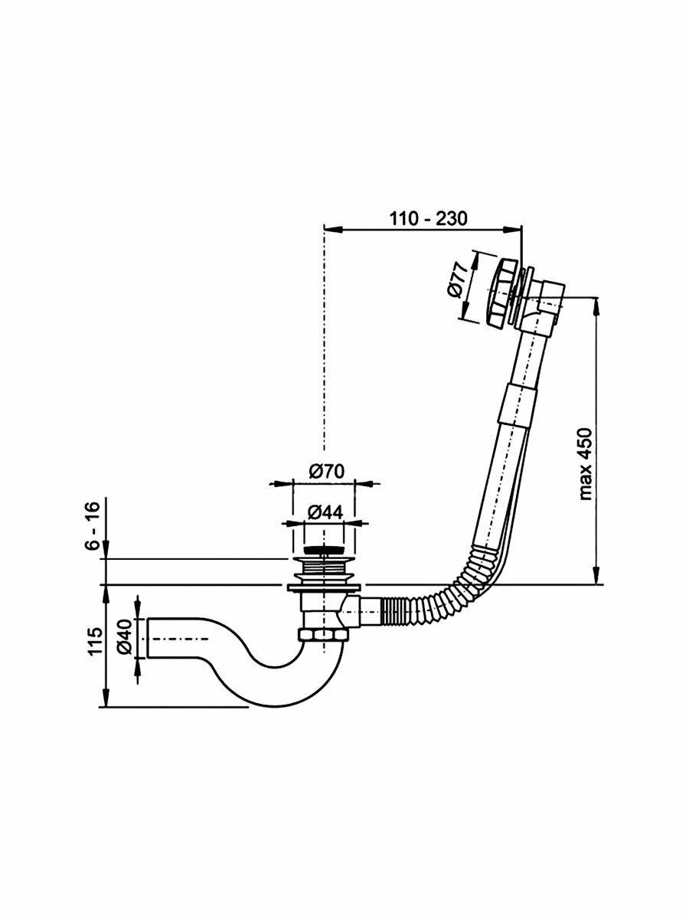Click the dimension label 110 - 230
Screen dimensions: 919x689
[427, 218]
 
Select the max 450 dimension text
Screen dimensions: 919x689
[587, 463]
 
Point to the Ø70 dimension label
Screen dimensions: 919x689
[325, 473]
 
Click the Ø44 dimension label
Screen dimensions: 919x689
[325, 512]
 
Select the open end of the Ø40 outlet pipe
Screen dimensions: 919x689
[149, 636]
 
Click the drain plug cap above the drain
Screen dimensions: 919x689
[325, 550]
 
